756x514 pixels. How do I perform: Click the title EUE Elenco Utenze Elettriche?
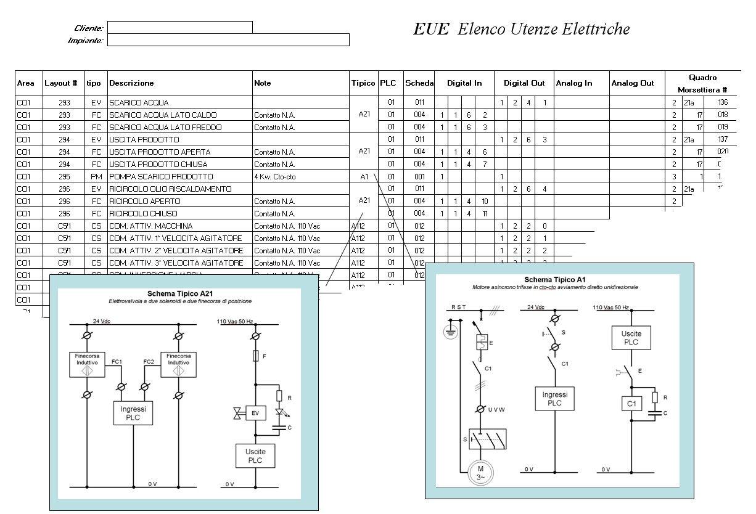521,30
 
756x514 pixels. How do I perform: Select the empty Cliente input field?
179,27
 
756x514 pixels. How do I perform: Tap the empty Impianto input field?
228,40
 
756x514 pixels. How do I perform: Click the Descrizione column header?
131,83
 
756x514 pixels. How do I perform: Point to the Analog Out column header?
632,83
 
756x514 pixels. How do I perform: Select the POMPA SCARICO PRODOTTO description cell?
161,177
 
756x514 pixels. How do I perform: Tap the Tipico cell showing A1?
364,177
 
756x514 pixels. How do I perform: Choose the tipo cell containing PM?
96,177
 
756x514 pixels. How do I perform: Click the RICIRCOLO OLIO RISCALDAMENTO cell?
170,189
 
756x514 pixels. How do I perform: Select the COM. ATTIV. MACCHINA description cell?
150,226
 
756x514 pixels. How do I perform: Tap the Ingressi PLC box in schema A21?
133,413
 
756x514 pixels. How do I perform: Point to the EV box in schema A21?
255,413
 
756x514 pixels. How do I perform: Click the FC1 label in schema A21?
117,362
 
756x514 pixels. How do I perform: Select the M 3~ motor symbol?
481,473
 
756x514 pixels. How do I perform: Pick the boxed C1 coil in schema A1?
631,404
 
